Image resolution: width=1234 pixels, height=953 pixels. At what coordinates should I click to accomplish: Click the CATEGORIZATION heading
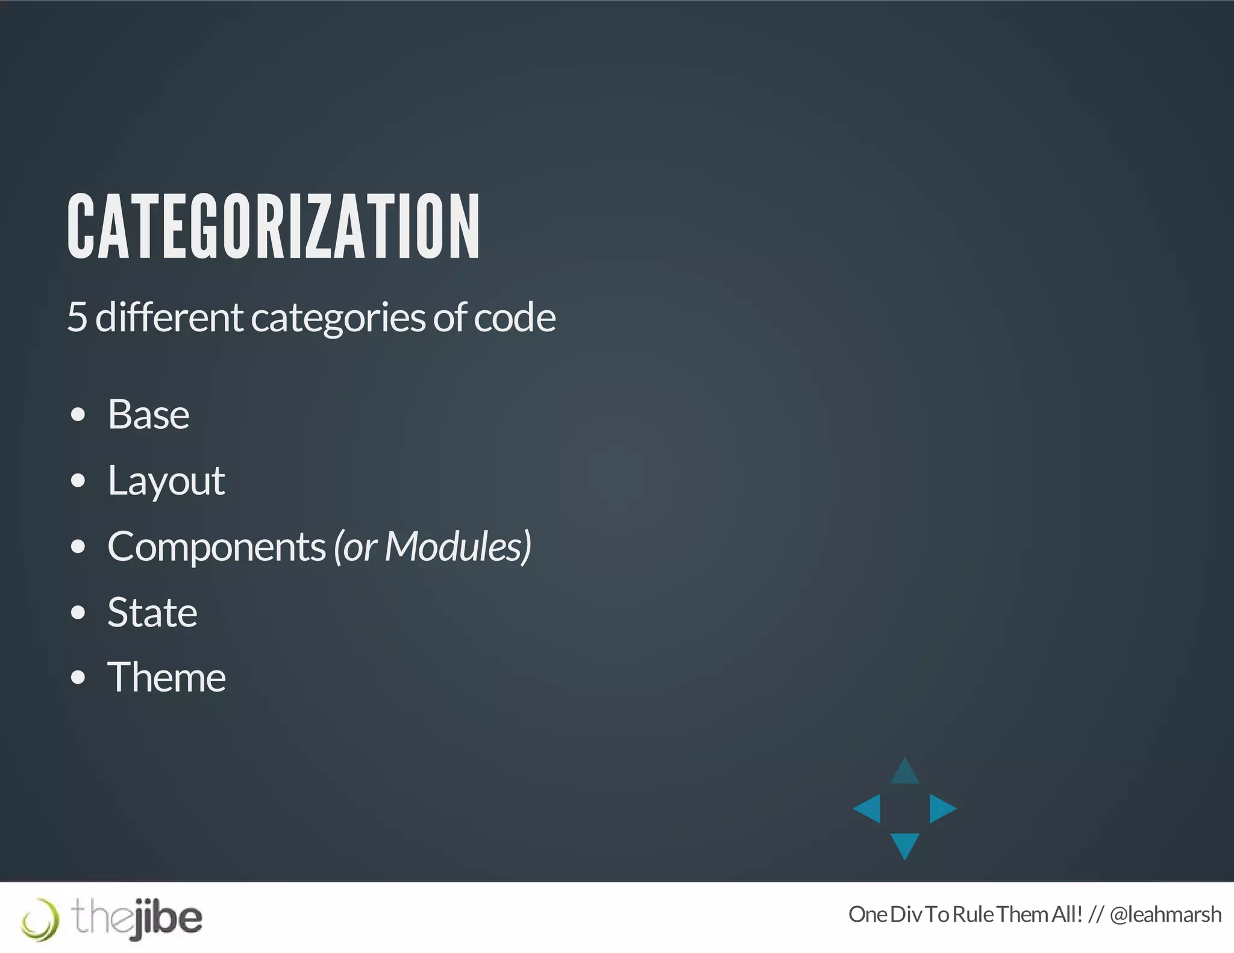[274, 227]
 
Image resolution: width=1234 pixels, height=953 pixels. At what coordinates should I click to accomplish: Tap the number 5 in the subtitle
[77, 317]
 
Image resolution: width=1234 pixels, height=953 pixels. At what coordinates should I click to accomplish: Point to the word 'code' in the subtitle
[515, 317]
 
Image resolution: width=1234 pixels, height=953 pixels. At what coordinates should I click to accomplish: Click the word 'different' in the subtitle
[169, 317]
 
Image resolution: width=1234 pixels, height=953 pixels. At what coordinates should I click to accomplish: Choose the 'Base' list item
[148, 414]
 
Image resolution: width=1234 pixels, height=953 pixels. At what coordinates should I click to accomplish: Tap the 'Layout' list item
[166, 481]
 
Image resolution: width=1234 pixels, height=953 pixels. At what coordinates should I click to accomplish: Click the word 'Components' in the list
[217, 547]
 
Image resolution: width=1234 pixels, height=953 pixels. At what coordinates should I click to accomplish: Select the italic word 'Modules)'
[458, 547]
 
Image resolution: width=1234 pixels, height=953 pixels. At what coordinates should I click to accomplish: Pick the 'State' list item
[152, 613]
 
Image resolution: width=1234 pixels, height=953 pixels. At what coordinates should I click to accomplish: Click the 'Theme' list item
[167, 678]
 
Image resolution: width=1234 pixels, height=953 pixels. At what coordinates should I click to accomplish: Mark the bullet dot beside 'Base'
[78, 415]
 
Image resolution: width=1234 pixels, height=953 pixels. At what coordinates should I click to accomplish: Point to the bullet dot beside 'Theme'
[78, 678]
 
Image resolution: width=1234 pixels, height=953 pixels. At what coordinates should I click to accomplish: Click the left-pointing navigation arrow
[868, 808]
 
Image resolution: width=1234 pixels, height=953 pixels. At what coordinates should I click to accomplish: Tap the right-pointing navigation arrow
[942, 808]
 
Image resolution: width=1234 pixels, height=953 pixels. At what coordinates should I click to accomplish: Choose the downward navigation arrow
[904, 845]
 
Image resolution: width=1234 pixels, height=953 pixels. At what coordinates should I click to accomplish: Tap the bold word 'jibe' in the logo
[168, 918]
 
